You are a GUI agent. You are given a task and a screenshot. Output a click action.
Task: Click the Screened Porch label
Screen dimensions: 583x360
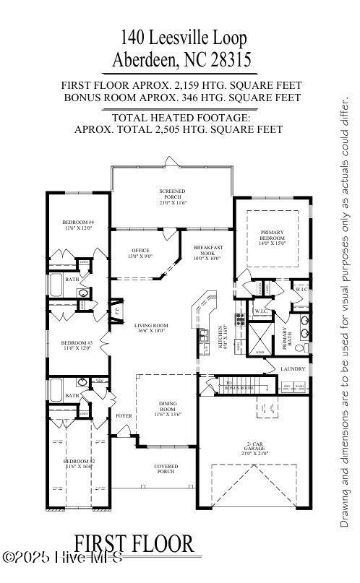[172, 194]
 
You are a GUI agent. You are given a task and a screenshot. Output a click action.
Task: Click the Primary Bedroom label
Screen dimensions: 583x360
[273, 237]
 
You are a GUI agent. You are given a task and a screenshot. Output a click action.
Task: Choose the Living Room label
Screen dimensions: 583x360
[150, 329]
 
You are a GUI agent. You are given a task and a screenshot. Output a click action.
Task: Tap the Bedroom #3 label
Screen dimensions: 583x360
[77, 345]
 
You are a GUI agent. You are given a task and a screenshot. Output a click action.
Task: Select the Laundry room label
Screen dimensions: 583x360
[293, 368]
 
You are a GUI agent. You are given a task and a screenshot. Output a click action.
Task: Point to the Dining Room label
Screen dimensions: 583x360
[167, 407]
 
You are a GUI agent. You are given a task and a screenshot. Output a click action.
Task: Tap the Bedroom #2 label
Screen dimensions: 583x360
[77, 464]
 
